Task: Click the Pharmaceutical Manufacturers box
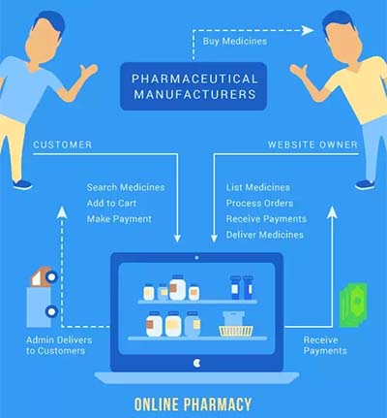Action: pos(193,86)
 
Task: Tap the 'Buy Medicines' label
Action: pos(235,42)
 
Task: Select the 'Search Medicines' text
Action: pos(126,187)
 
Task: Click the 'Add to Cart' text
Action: pos(111,203)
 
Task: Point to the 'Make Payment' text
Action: pos(119,219)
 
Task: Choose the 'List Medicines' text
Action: pos(258,187)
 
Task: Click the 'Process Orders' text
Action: pos(259,203)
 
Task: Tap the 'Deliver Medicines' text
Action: pos(265,235)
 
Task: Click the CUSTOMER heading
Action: pos(63,145)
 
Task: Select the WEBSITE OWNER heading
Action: pos(313,145)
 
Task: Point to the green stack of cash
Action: pos(353,305)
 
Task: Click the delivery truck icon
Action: pos(42,297)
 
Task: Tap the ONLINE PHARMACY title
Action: pos(193,404)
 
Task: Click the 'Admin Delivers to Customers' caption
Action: pos(59,345)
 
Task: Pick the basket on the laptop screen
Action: pos(236,324)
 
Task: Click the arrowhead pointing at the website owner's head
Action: pos(308,30)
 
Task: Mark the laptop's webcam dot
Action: pos(196,258)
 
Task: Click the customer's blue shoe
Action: pos(22,185)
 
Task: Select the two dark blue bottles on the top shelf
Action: pos(242,287)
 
